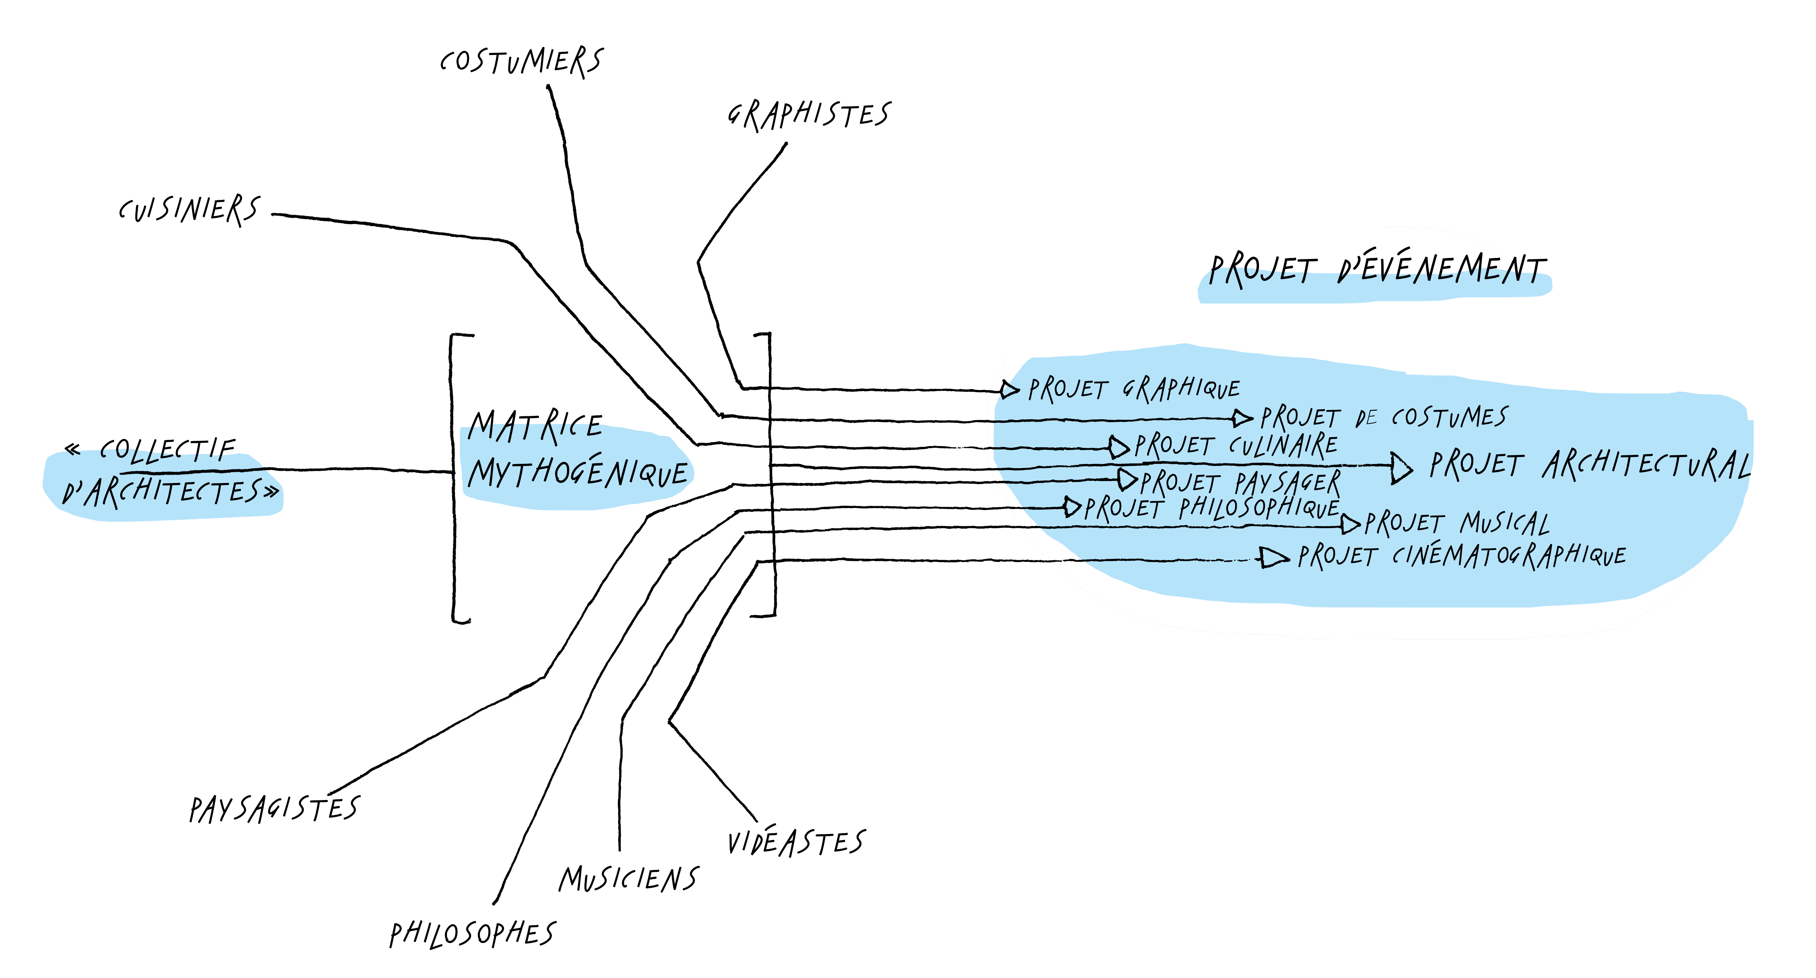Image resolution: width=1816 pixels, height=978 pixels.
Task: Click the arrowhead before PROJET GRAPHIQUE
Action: click(1009, 389)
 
